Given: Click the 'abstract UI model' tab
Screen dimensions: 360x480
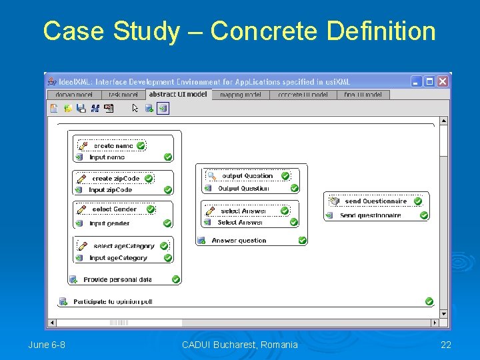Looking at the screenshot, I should (x=178, y=95).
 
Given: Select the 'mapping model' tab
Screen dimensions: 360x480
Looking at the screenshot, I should (x=240, y=95).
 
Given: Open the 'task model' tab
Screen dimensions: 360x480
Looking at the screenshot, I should (x=124, y=95).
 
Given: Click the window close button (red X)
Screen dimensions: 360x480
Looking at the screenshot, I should (x=443, y=81).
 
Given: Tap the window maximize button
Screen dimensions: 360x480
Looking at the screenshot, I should (x=430, y=81).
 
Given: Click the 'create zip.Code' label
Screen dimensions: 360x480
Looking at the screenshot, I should (x=116, y=179).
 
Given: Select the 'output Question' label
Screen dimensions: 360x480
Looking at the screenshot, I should (x=247, y=176).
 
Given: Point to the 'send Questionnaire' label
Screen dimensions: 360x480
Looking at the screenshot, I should (x=375, y=201).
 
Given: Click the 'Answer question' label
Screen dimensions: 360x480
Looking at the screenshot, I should (x=239, y=241).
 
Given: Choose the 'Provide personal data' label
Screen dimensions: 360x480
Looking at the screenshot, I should (x=117, y=280).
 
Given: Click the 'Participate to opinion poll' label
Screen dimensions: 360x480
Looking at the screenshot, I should (x=113, y=302).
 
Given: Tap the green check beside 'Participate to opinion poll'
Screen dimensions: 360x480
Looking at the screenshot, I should (x=429, y=302).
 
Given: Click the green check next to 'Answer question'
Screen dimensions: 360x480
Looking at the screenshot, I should (x=302, y=241).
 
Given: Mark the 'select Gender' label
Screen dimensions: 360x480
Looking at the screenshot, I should (x=114, y=209).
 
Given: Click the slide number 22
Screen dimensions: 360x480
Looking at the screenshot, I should (x=446, y=345).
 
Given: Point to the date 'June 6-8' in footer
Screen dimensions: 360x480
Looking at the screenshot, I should (x=47, y=345).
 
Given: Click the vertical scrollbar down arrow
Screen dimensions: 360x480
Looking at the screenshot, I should (x=444, y=313).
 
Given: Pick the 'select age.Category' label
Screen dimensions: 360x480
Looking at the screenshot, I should (x=124, y=246).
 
